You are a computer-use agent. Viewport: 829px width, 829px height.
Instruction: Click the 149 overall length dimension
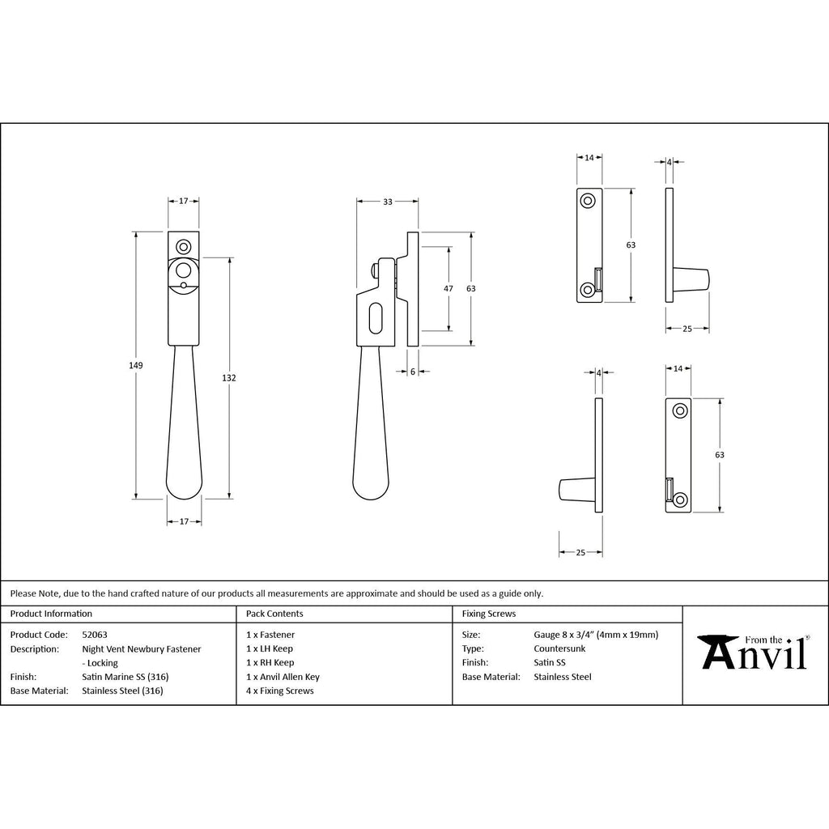[136, 365]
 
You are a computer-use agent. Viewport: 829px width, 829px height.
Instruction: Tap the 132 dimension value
[229, 378]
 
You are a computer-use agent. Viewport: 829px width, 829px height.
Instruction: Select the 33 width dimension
[388, 202]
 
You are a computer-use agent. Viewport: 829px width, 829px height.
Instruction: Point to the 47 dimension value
[449, 289]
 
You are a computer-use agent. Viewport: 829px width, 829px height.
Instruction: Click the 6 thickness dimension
[413, 372]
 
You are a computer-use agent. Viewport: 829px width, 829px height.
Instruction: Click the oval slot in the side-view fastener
[375, 317]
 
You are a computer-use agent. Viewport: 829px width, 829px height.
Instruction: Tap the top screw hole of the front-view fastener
[184, 247]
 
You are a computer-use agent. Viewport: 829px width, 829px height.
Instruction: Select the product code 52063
[95, 635]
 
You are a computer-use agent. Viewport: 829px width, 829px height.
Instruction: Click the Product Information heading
[51, 614]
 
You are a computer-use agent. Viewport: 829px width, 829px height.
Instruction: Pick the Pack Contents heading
[274, 614]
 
